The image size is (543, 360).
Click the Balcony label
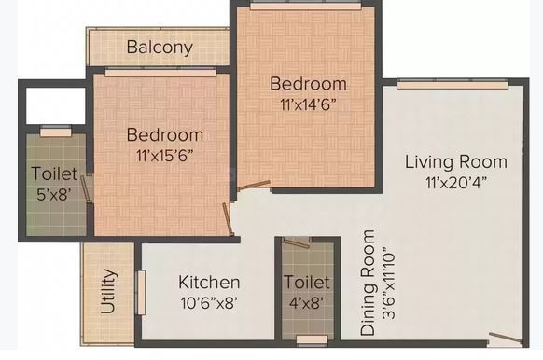point(160,47)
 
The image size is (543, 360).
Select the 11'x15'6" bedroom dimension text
point(165,154)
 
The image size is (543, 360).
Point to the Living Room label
point(455,161)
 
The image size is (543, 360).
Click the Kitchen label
point(209,282)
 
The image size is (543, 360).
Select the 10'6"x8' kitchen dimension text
point(208,302)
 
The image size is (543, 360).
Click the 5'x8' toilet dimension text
point(54,194)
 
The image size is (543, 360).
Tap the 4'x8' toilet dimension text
point(306,302)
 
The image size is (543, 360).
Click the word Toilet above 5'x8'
point(54,173)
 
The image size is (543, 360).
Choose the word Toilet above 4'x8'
point(306,282)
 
